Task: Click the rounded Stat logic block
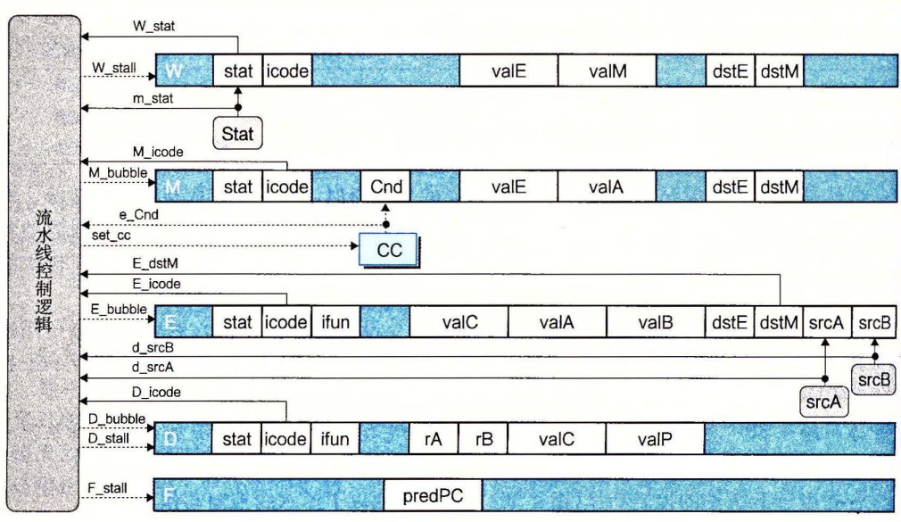click(237, 133)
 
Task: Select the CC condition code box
click(389, 250)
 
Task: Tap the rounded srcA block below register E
click(824, 402)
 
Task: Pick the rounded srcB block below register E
click(873, 380)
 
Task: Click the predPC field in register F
click(433, 495)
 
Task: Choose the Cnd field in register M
click(385, 186)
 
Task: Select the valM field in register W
click(607, 71)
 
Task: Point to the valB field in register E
click(655, 322)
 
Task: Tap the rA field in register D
click(434, 439)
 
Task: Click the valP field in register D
click(655, 439)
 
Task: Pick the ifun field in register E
click(335, 322)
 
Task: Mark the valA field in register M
click(607, 186)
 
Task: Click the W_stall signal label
click(114, 68)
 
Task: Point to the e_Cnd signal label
click(138, 215)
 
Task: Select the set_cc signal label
click(111, 236)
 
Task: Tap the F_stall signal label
click(107, 489)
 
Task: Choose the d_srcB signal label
click(153, 348)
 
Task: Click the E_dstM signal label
click(155, 263)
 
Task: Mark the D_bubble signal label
click(117, 418)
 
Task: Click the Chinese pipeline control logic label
click(44, 270)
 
